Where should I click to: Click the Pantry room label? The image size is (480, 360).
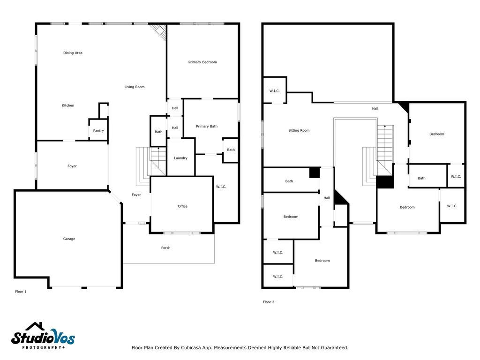point(98,131)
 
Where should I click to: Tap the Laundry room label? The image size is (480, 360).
point(180,158)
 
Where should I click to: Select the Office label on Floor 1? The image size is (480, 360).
point(182,206)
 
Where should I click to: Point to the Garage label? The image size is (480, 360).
point(69,239)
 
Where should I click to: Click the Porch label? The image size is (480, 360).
point(165,247)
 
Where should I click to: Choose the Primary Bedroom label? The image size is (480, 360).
point(202,62)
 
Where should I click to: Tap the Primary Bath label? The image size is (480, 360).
point(207,126)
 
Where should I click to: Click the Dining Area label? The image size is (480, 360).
point(73,52)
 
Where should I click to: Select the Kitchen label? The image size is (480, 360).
point(68,105)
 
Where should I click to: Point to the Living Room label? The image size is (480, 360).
point(135,87)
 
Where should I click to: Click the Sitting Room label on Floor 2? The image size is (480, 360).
point(299,130)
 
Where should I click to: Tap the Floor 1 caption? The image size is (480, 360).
point(21,292)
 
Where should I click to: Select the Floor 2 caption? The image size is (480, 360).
point(269,302)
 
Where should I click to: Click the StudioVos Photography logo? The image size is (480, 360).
point(43,336)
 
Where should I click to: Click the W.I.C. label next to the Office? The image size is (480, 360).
point(221,187)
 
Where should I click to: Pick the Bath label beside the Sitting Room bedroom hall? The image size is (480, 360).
point(289,181)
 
